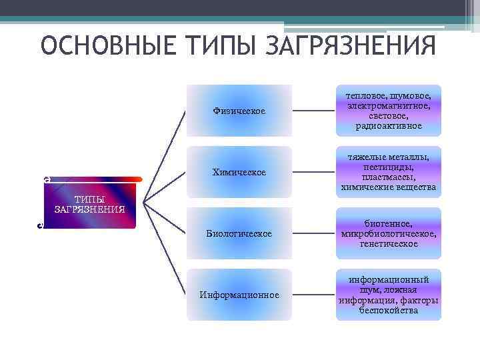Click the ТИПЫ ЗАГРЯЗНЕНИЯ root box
pyautogui.click(x=90, y=204)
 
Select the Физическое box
pyautogui.click(x=239, y=111)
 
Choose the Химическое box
pyautogui.click(x=239, y=172)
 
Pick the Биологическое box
pyautogui.click(x=239, y=233)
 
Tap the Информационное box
pyautogui.click(x=239, y=295)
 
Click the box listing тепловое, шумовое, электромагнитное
pyautogui.click(x=389, y=111)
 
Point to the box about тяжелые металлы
pyautogui.click(x=389, y=172)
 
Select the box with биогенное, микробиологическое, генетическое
pyautogui.click(x=389, y=233)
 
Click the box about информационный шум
pyautogui.click(x=389, y=295)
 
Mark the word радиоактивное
pyautogui.click(x=389, y=125)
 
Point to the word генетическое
pyautogui.click(x=389, y=243)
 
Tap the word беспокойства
pyautogui.click(x=389, y=310)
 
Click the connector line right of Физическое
pyautogui.click(x=315, y=111)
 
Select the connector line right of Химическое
pyautogui.click(x=315, y=172)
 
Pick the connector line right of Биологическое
pyautogui.click(x=315, y=233)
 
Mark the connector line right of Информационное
pyautogui.click(x=315, y=295)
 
